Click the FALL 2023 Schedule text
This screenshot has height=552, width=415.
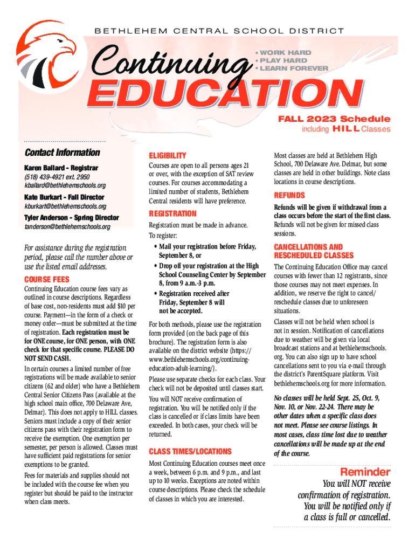[334, 119]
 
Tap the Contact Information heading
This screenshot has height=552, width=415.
[63, 153]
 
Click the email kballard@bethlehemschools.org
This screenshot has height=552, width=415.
[65, 185]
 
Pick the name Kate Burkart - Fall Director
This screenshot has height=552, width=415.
[64, 197]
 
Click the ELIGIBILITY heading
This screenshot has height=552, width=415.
[168, 155]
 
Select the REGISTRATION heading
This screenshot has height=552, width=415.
[172, 213]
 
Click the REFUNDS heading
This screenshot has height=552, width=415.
[289, 195]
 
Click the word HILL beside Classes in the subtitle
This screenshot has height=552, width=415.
[345, 129]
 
